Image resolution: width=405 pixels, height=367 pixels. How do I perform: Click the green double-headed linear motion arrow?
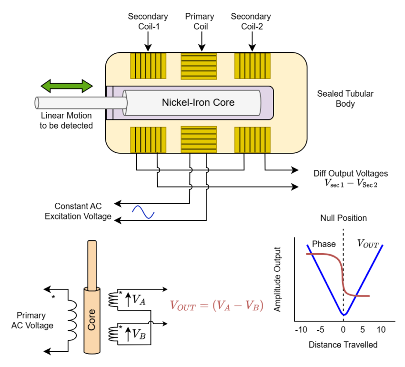pos(66,86)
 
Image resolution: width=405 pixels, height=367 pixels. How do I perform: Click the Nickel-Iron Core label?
pos(198,102)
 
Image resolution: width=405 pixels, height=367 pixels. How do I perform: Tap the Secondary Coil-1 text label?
pos(148,21)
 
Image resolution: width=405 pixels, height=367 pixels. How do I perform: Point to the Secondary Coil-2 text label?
pos(251,21)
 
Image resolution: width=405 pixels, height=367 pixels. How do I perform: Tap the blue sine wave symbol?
pos(143,212)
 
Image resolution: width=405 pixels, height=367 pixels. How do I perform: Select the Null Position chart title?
pos(343,218)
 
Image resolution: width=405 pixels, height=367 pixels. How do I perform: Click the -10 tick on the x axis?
pos(301,330)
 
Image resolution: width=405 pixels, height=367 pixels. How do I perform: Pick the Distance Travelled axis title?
pos(343,345)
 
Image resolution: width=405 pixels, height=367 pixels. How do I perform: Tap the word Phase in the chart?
pos(324,244)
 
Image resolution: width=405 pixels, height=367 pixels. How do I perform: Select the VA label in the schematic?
pos(138,299)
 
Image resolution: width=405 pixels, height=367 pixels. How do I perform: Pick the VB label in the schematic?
pos(138,334)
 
